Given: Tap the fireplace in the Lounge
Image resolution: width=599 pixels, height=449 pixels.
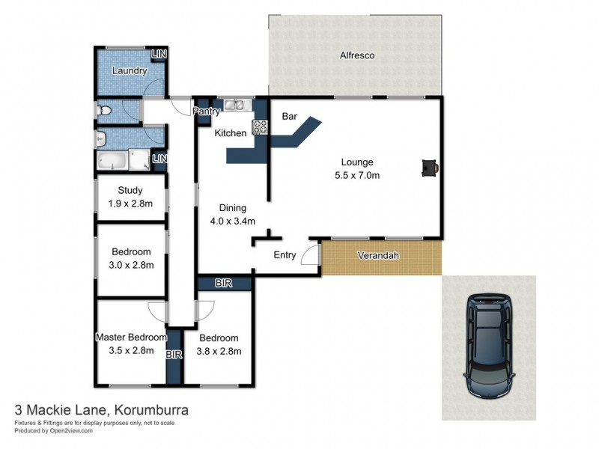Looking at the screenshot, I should (430, 168).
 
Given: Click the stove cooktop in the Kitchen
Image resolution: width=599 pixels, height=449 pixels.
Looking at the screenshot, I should (261, 127).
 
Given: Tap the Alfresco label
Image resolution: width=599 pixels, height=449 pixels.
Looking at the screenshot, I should (356, 56).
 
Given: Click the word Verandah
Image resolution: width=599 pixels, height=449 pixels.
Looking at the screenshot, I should (378, 256).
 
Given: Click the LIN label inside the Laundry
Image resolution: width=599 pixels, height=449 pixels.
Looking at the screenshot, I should (159, 55).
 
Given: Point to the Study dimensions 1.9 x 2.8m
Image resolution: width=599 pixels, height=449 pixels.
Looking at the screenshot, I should (131, 204).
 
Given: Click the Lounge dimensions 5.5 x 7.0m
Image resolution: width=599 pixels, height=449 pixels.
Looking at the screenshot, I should (356, 176).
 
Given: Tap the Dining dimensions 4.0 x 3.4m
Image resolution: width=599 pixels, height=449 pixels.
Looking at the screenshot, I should (232, 221).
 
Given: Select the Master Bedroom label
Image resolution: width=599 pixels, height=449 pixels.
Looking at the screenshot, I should (130, 337).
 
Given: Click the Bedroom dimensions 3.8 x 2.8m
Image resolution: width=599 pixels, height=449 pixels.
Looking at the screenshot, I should (219, 350).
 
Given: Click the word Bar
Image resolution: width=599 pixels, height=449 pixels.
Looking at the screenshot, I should (288, 117).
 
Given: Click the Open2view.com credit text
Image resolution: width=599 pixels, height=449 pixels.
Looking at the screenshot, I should (64, 431).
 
